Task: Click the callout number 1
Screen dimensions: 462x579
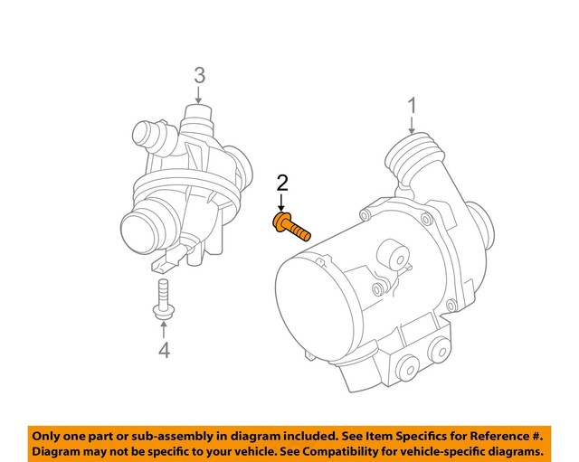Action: click(x=412, y=107)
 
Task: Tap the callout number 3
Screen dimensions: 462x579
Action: click(x=200, y=75)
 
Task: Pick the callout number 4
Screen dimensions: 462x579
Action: click(x=164, y=350)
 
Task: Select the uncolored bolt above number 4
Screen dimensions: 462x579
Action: click(x=163, y=299)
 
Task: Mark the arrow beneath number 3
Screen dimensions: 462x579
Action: click(x=200, y=96)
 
